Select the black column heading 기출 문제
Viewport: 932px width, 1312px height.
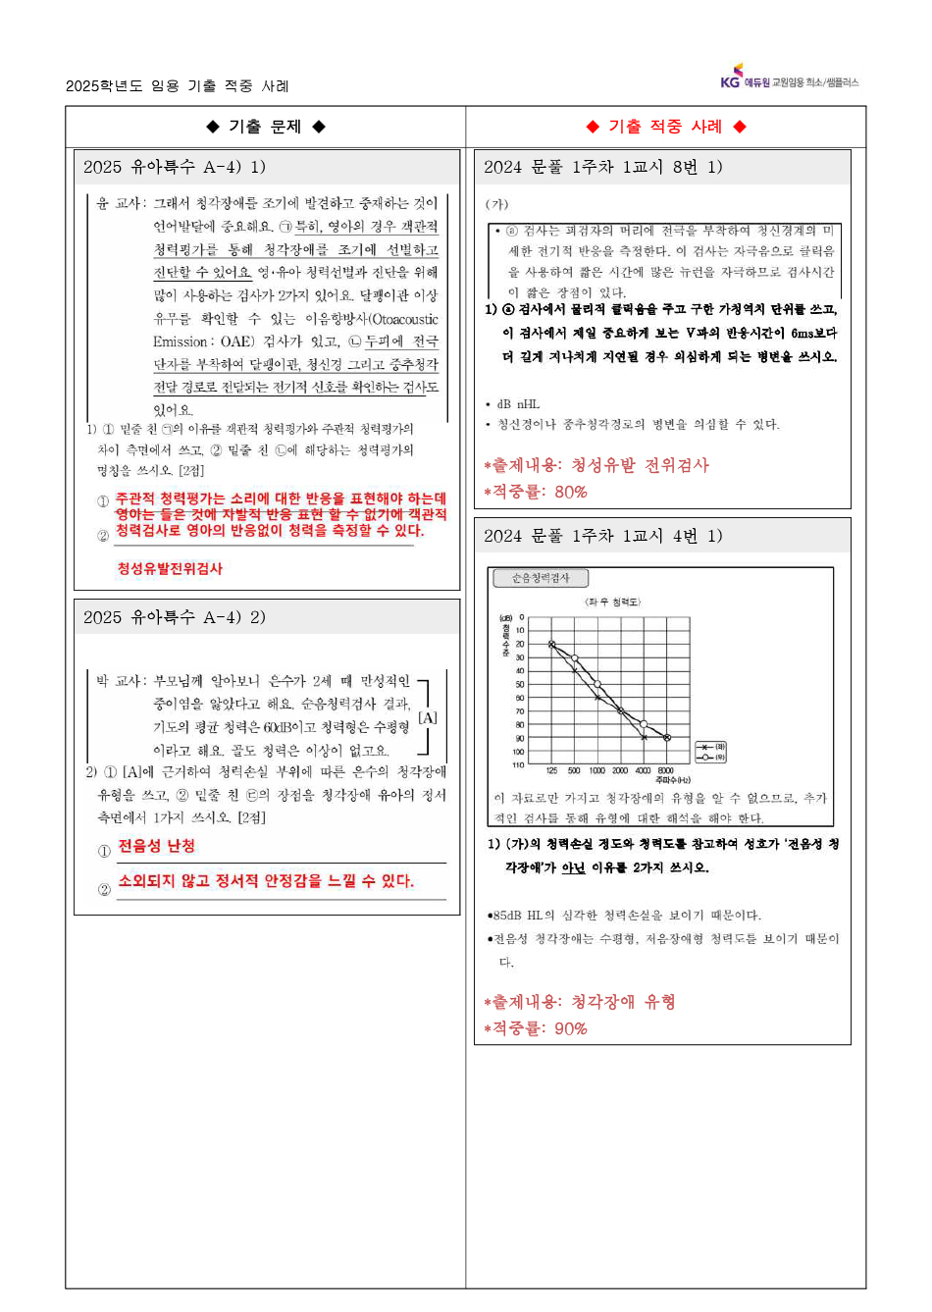point(265,127)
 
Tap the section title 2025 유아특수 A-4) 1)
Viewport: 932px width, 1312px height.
point(175,167)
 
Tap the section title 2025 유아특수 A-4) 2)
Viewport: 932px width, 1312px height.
point(175,617)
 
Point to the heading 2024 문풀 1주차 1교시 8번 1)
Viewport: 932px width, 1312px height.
point(602,167)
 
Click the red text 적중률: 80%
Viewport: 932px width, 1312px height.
point(539,492)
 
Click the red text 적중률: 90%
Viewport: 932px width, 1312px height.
point(539,1028)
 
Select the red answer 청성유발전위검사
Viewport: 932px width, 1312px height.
point(170,568)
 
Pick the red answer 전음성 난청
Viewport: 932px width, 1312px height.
point(157,846)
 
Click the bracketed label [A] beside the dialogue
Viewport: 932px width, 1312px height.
point(428,717)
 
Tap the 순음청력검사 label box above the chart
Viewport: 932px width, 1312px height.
point(541,578)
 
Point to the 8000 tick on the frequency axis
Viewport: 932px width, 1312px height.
point(666,771)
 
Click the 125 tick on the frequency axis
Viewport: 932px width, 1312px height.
point(551,771)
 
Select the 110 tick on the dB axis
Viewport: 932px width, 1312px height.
point(518,764)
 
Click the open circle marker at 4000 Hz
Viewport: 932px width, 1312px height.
point(644,724)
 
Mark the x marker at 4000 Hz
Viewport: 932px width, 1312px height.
point(644,736)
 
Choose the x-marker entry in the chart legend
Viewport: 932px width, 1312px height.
point(710,747)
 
